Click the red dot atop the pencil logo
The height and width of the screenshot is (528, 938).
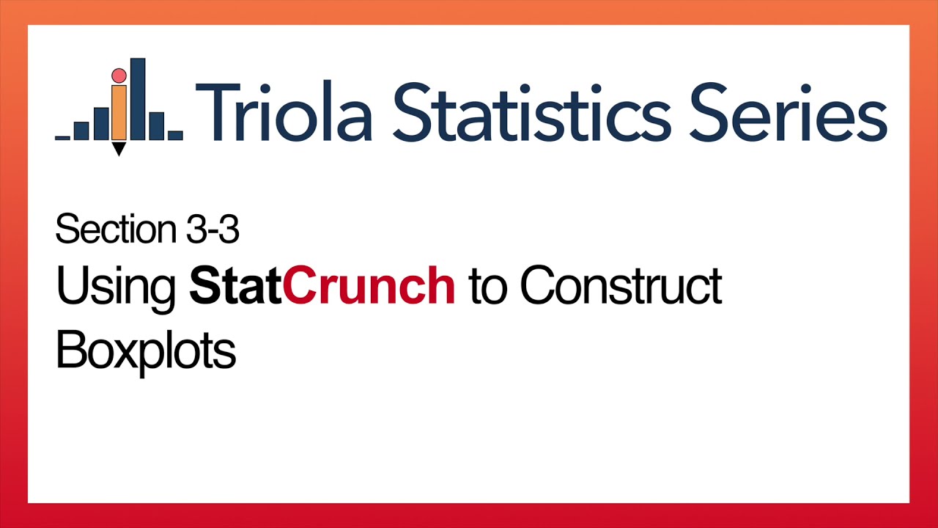pos(119,76)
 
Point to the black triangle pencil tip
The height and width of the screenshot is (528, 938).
pos(119,149)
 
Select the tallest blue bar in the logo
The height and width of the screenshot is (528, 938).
pos(138,99)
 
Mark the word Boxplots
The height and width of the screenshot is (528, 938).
pos(146,351)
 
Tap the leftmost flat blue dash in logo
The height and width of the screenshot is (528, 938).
pos(63,137)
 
